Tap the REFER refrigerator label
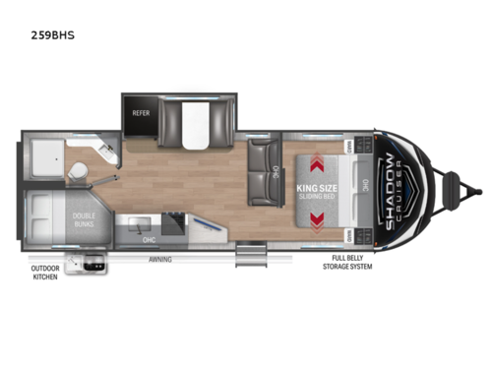point(140,113)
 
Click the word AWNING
point(160,260)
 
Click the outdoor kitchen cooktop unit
point(94,263)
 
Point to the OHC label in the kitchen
point(147,238)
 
